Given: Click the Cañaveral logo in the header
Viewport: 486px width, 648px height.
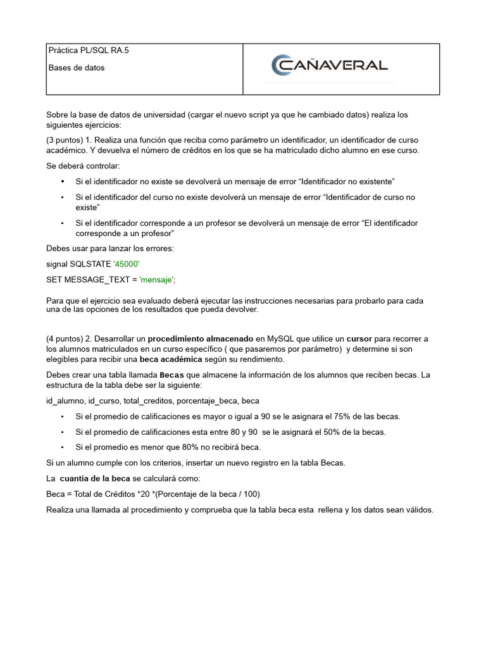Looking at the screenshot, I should tap(329, 65).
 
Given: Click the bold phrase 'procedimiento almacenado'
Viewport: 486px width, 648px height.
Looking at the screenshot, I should tap(201, 339).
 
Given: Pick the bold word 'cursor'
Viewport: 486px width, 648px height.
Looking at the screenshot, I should tap(359, 339).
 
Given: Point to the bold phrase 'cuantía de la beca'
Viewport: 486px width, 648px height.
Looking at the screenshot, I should tap(96, 478).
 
